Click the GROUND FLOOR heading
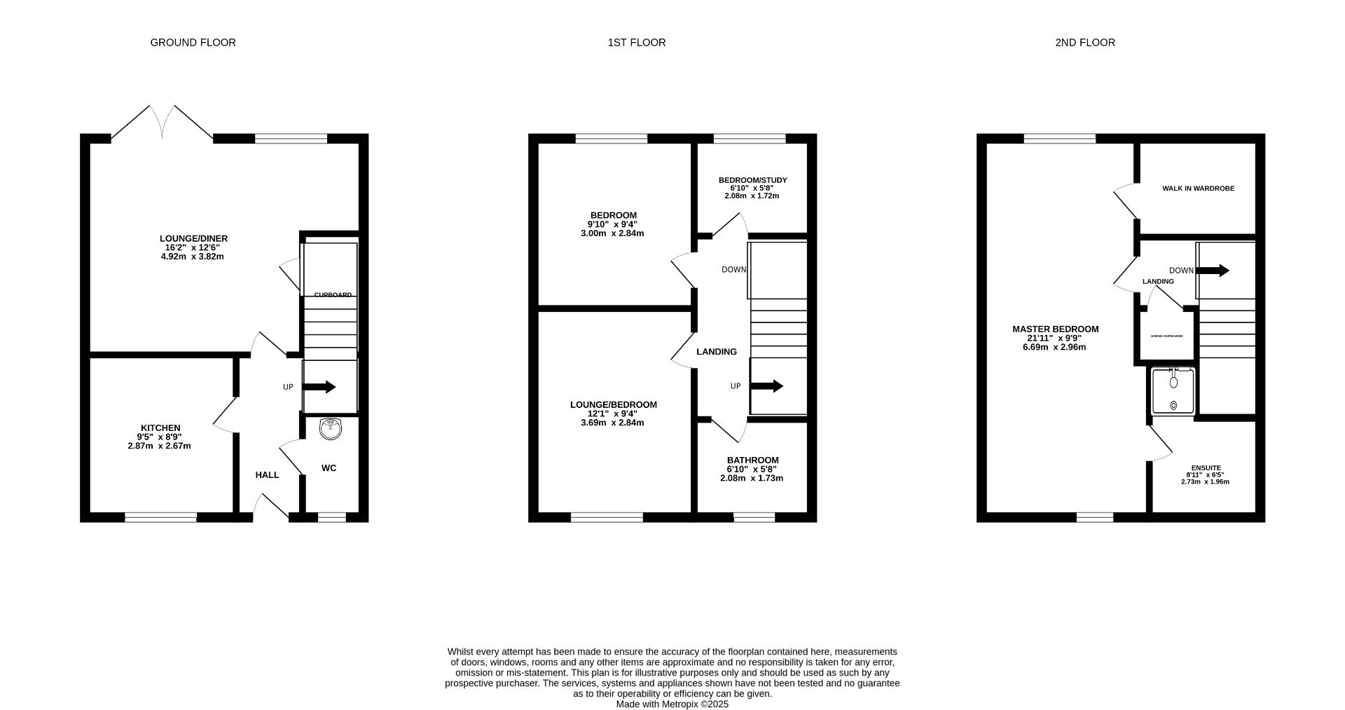tap(193, 43)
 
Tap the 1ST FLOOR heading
tap(636, 43)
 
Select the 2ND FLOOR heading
tap(1084, 43)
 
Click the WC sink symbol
tap(329, 429)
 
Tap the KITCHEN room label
tap(160, 428)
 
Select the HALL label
tap(267, 475)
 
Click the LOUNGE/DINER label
tap(193, 239)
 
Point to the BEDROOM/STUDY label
tap(752, 180)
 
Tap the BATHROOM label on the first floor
tap(752, 460)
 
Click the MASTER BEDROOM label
tap(1055, 329)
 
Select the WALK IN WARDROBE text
tap(1198, 189)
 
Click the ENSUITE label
tap(1206, 468)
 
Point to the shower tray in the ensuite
tap(1173, 391)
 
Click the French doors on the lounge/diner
tap(162, 124)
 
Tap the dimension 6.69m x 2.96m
tap(1054, 348)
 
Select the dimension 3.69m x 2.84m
tap(612, 423)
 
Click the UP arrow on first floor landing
tap(767, 386)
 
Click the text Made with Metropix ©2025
tap(672, 704)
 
